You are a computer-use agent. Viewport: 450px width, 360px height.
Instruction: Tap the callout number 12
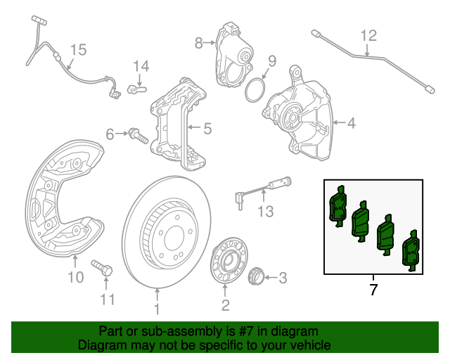368,35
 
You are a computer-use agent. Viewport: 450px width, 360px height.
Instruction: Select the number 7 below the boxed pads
373,289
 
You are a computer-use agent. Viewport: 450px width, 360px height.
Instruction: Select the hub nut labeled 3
257,275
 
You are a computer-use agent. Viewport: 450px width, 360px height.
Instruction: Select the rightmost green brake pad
409,253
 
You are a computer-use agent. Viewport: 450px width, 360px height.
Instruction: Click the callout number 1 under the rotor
157,309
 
